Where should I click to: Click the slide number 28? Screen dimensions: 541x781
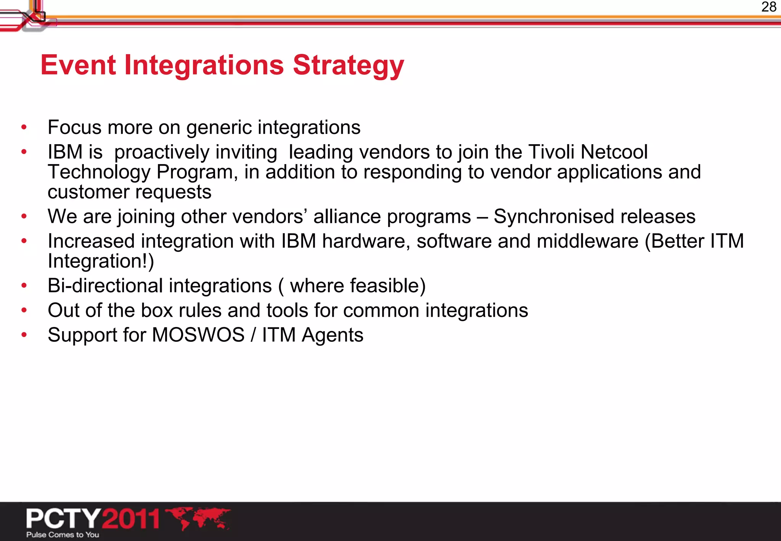tap(768, 7)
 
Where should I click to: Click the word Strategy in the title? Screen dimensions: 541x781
tap(348, 66)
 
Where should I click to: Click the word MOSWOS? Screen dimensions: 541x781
tap(198, 335)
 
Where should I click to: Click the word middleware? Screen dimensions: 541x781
tap(587, 241)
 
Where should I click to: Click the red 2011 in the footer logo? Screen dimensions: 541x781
tap(131, 518)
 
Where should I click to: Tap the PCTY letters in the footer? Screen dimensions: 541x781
tap(63, 518)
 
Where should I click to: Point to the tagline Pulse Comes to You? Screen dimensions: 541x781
tap(63, 535)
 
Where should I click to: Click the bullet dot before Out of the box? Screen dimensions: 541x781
tap(24, 311)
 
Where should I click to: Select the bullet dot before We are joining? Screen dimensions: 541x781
tap(24, 217)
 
